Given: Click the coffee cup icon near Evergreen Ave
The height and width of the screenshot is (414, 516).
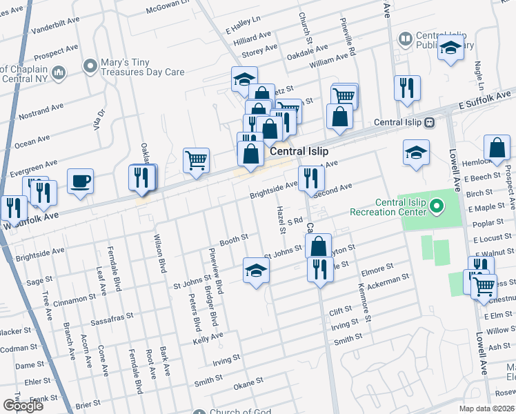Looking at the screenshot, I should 80,181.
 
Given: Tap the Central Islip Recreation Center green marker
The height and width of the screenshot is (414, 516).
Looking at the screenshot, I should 435,206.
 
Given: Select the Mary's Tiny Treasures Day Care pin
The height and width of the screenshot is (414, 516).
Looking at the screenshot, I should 90,66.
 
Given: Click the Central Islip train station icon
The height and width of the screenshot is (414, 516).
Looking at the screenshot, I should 430,122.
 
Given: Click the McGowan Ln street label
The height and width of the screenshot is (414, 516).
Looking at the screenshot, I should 168,8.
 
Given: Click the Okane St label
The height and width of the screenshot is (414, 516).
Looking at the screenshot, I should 248,381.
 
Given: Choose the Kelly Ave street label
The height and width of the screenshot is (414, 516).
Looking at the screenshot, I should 208,337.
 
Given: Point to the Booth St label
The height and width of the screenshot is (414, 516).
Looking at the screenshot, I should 233,240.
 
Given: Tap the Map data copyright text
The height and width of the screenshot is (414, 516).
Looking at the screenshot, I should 488,408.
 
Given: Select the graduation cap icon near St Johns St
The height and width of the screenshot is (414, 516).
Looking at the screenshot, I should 256,270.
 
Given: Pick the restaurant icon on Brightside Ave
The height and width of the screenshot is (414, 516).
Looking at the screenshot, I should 311,179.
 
